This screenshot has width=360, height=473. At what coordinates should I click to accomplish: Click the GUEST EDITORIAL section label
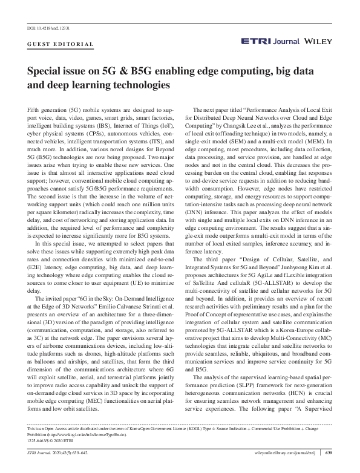tap(61, 44)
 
